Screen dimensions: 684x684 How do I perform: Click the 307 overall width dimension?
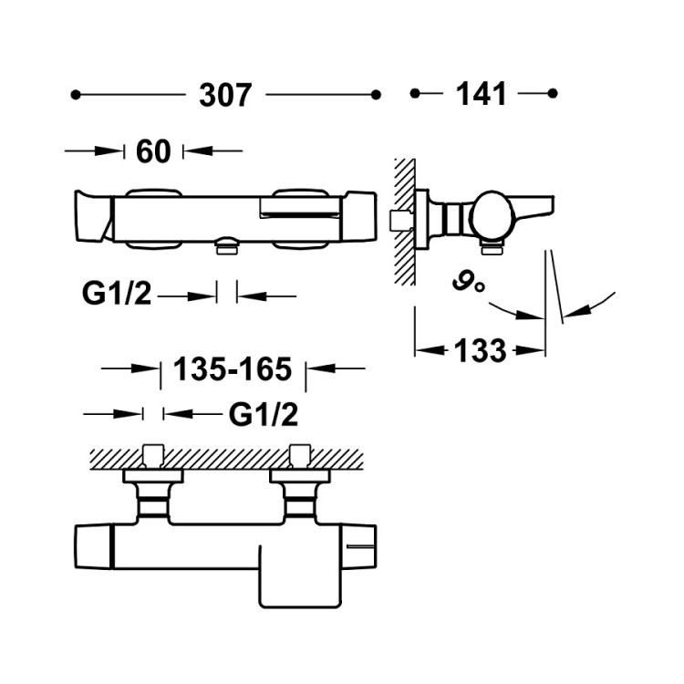point(224,95)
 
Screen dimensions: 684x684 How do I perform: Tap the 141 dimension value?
point(482,93)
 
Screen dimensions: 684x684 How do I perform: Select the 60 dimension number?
point(152,151)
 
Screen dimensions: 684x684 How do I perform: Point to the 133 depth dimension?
point(481,349)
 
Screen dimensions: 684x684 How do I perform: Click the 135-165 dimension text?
point(232,369)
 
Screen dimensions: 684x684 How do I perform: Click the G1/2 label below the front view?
point(116,295)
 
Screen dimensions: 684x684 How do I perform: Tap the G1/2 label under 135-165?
point(264,415)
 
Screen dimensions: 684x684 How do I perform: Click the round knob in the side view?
point(493,216)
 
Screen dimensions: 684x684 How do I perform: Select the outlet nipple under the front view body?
point(225,246)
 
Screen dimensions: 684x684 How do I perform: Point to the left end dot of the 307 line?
point(76,94)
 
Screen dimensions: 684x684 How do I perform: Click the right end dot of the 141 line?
point(552,93)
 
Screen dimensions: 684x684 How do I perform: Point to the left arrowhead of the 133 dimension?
point(420,349)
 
